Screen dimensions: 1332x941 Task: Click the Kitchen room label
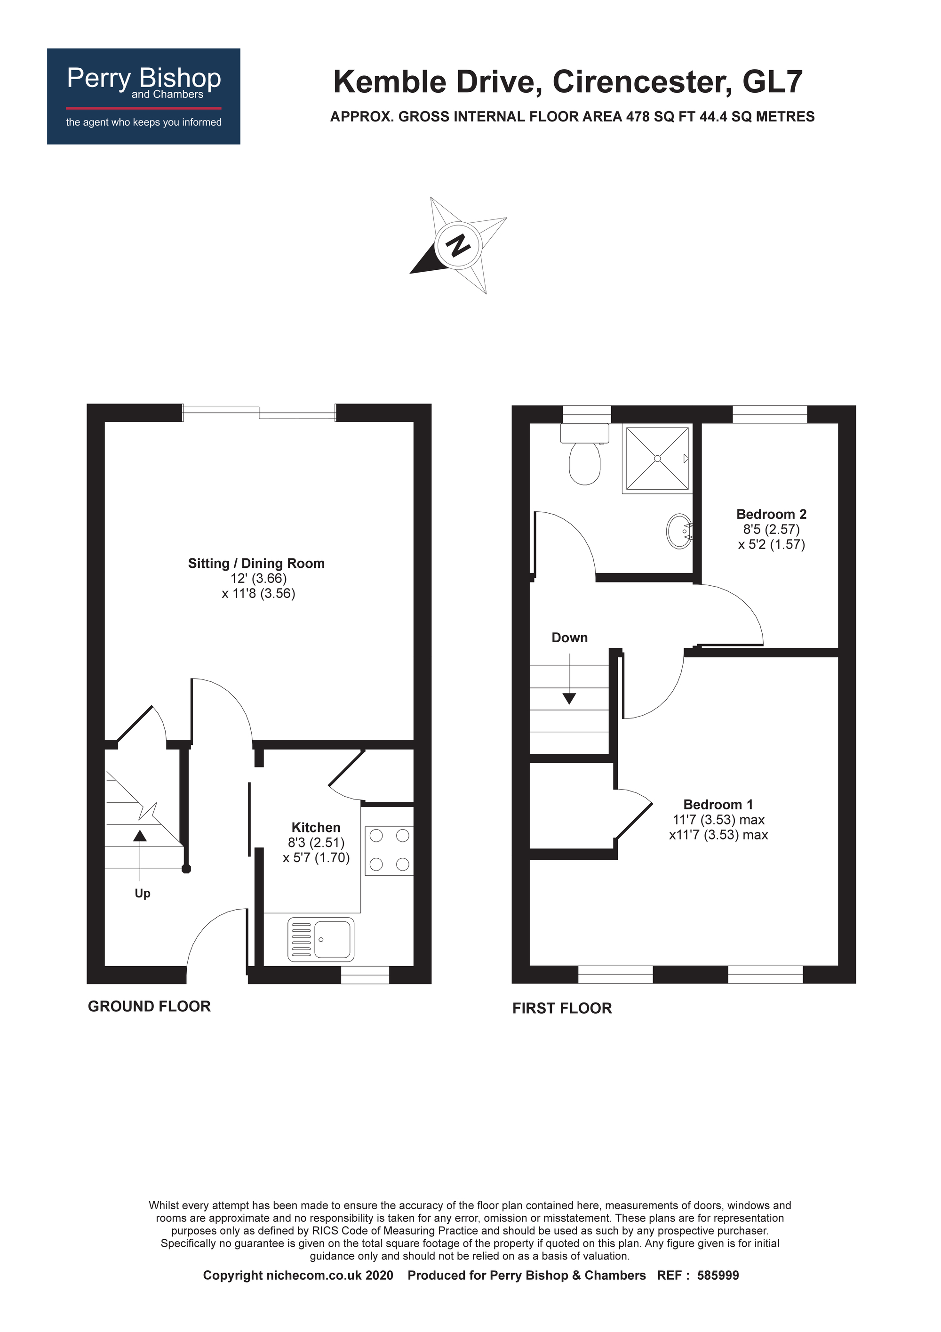(316, 827)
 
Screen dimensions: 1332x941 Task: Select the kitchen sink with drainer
(320, 939)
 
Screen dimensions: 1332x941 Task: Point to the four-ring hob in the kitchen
(389, 850)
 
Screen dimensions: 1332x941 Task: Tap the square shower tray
(657, 459)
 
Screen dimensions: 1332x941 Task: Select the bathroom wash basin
(679, 531)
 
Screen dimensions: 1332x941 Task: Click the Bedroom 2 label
(771, 514)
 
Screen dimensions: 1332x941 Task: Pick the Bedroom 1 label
(718, 805)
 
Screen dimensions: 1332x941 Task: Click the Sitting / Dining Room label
(256, 563)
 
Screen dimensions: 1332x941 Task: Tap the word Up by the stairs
(143, 894)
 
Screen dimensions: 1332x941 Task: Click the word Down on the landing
(569, 638)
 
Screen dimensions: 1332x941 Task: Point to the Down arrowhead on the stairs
(569, 699)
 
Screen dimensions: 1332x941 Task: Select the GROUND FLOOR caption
(149, 1007)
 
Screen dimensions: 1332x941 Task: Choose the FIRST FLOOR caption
(562, 1008)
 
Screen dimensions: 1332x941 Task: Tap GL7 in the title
(772, 82)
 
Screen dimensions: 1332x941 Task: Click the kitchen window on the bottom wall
(365, 975)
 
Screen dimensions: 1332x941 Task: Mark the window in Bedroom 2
(770, 414)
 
